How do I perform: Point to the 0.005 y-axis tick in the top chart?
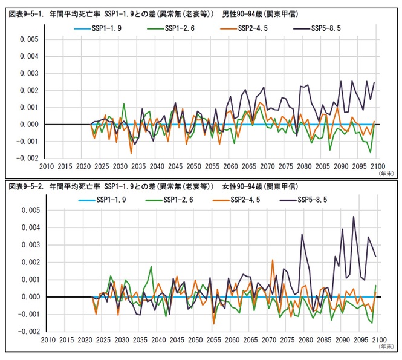pos(27,40)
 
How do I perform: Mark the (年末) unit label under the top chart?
pos(386,173)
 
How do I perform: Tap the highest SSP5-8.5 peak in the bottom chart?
pos(354,217)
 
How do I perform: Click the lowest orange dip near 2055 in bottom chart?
pos(213,324)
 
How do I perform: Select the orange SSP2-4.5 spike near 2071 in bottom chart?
pos(273,260)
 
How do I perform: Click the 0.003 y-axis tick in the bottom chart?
pos(27,245)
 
